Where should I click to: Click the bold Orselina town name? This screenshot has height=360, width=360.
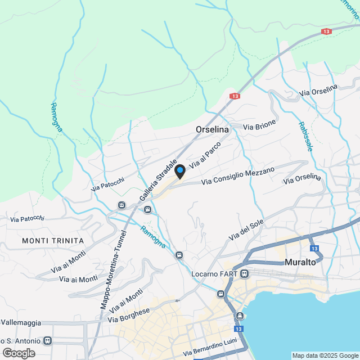[212, 129]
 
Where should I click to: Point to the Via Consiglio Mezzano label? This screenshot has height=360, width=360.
[238, 175]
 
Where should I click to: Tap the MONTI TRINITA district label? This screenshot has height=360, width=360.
[53, 241]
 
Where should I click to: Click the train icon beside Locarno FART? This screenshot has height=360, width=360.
[244, 274]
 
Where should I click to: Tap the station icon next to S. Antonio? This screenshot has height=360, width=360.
[47, 340]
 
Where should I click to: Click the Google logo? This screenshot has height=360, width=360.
[19, 353]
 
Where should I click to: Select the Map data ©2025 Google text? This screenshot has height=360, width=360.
[325, 355]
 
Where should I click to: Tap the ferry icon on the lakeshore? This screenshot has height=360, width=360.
[240, 316]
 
